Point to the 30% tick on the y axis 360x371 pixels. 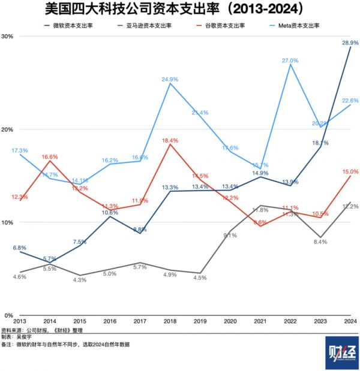[8, 36]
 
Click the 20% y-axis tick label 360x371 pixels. [8, 129]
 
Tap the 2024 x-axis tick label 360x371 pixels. [350, 322]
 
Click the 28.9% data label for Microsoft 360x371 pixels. [350, 43]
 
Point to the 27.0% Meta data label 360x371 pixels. [290, 61]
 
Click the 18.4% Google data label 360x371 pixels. [170, 140]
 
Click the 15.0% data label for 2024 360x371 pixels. [350, 172]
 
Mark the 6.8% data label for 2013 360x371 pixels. [20, 248]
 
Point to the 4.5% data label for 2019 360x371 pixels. [200, 278]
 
